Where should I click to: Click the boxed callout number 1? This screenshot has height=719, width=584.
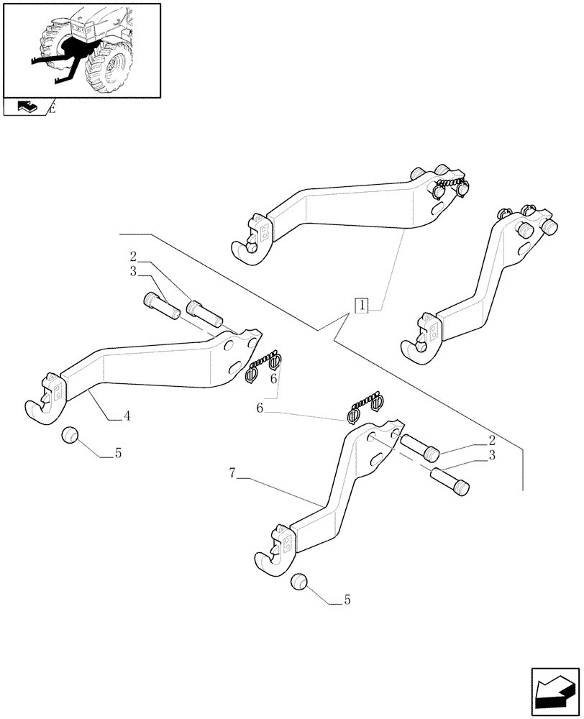pyautogui.click(x=362, y=305)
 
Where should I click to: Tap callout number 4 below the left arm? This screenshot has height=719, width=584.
pyautogui.click(x=127, y=416)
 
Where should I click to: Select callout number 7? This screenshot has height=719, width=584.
pyautogui.click(x=233, y=473)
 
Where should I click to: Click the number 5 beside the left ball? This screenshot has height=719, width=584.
pyautogui.click(x=119, y=454)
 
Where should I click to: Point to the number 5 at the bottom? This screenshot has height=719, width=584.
pyautogui.click(x=347, y=600)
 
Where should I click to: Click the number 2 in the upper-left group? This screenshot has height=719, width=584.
pyautogui.click(x=134, y=256)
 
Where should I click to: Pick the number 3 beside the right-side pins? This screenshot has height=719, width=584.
pyautogui.click(x=491, y=456)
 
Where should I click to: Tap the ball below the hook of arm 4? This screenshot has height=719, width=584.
pyautogui.click(x=69, y=436)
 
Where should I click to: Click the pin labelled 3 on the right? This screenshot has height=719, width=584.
pyautogui.click(x=450, y=480)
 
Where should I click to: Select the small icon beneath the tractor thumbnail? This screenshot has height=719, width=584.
pyautogui.click(x=25, y=107)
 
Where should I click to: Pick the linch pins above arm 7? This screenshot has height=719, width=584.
pyautogui.click(x=365, y=407)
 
